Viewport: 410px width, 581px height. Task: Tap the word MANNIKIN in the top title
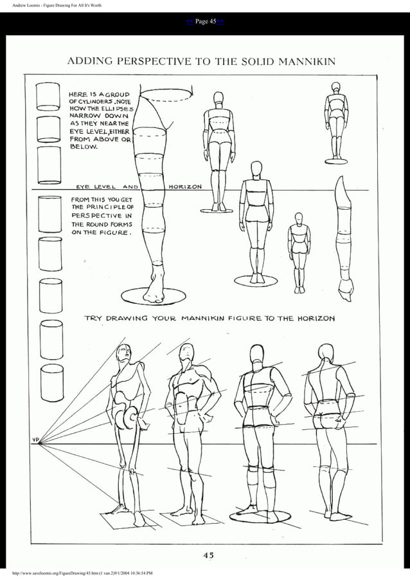point(305,62)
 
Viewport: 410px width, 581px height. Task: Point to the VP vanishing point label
point(36,440)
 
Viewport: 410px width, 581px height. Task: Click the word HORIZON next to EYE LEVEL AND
point(185,187)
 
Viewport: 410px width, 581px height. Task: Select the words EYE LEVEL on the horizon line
point(93,187)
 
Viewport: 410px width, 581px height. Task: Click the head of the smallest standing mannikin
point(299,218)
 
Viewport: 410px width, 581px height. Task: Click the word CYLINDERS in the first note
point(96,108)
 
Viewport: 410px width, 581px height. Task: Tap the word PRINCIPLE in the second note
point(112,207)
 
